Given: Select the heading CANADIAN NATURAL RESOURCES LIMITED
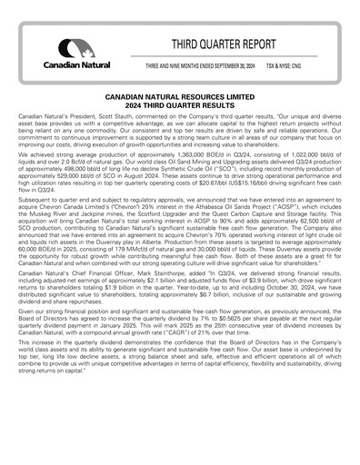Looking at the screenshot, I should tap(180, 94).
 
